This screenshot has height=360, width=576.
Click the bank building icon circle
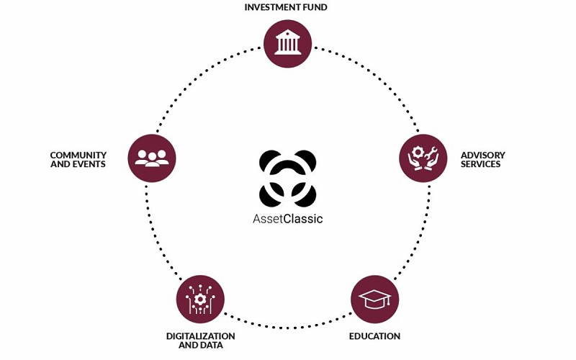289,42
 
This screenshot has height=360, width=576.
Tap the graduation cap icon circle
374,300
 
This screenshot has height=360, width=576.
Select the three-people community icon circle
152,158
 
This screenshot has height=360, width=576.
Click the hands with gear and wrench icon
423,158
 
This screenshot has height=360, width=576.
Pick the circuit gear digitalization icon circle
200,300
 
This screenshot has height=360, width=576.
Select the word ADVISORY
483,155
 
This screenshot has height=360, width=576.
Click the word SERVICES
481,164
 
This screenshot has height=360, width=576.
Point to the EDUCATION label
374,336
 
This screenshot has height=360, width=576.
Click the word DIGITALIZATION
201,336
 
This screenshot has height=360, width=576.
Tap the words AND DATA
201,346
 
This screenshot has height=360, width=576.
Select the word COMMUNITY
78,155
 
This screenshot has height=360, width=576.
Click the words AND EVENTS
78,164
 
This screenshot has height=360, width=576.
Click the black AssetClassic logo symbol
288,178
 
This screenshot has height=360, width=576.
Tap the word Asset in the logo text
268,220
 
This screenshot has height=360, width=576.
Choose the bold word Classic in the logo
303,220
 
